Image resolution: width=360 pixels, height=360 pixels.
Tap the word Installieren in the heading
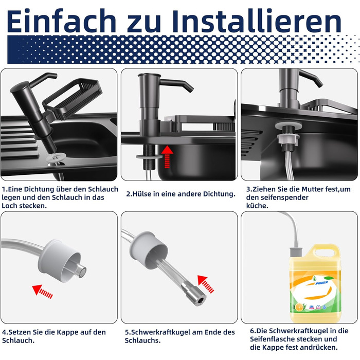(256, 21)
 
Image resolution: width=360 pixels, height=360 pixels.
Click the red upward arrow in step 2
(167, 156)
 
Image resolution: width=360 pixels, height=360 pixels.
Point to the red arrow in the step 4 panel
(43, 292)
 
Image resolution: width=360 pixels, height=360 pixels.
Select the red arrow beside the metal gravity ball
(206, 284)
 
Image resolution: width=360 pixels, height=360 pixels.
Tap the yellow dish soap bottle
(315, 283)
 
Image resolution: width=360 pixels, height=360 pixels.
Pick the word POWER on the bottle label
(321, 283)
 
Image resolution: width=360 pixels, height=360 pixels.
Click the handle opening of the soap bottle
(325, 253)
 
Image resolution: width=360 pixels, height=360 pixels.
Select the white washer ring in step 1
(56, 158)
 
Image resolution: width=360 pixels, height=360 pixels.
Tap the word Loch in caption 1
(9, 206)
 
